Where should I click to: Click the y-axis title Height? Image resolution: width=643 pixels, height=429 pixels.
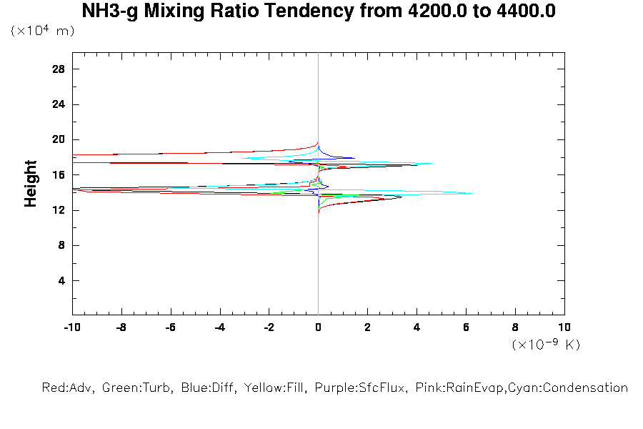tap(31, 184)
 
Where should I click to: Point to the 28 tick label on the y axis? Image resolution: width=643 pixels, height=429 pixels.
tap(59, 69)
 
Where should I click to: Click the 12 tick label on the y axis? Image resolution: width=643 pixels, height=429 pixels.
tap(59, 210)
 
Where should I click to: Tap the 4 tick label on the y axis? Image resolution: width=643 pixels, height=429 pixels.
tap(61, 281)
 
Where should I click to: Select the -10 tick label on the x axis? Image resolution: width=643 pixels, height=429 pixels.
tap(71, 327)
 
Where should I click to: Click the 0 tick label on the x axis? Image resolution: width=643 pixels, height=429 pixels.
tap(319, 327)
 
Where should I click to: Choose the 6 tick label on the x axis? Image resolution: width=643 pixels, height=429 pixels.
tap(467, 327)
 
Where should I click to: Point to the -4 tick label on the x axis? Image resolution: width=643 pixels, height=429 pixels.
tap(219, 327)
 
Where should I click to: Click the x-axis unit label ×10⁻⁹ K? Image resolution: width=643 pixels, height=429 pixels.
tap(546, 345)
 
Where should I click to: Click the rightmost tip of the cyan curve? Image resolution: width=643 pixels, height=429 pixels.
tap(472, 193)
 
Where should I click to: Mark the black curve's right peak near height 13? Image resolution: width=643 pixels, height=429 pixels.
tap(402, 197)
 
